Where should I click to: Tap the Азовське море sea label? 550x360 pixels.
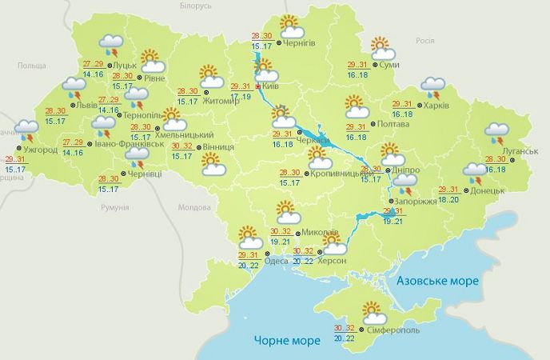point(437,281)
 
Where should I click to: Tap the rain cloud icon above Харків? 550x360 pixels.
point(434,86)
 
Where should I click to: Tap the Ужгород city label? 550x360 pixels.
point(40,149)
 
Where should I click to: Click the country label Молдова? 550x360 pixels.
point(193,206)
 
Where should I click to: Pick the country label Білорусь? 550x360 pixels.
point(194,6)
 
